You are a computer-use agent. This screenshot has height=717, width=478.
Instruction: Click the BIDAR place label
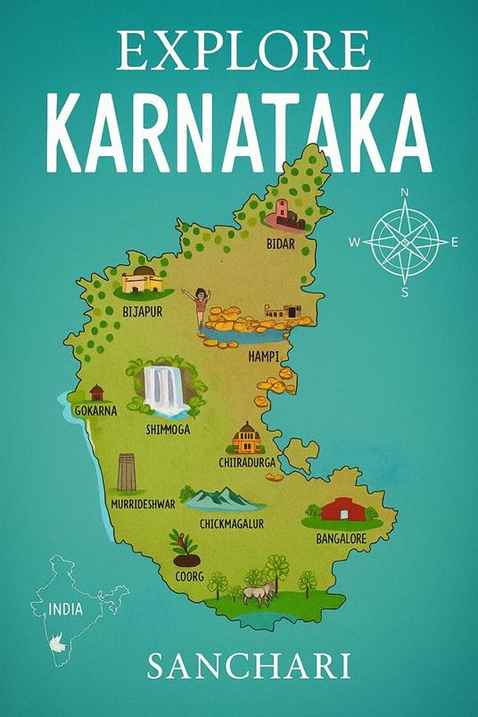tap(281, 242)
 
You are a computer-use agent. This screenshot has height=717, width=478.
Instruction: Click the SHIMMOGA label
tap(168, 429)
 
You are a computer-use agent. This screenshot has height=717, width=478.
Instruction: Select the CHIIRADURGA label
tap(245, 463)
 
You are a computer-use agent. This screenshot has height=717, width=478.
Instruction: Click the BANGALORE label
tap(342, 539)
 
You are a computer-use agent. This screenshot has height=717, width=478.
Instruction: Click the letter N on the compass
tap(405, 193)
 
